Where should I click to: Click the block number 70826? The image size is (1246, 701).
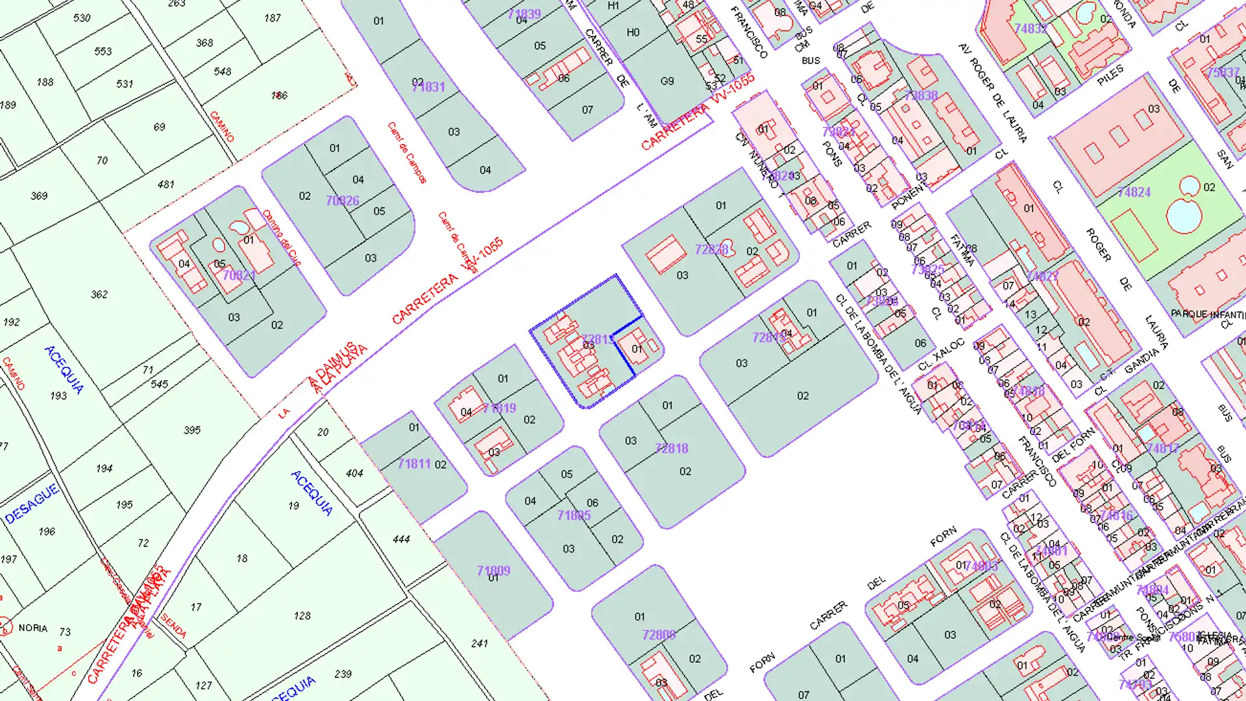pos(342,201)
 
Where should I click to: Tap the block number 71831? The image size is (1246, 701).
pos(429,87)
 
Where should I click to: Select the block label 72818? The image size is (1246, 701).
pos(672,449)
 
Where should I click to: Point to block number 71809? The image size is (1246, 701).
pos(493,571)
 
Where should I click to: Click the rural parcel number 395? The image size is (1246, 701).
pos(192,430)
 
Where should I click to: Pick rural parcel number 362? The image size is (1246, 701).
pos(99,295)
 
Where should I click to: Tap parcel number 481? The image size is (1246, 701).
pos(166,185)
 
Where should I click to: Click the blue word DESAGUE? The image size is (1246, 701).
pos(32,504)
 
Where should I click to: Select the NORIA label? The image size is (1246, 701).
pos(33,628)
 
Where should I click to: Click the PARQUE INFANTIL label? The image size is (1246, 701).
pos(1208,314)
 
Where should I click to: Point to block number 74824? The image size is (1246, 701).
pos(1134,193)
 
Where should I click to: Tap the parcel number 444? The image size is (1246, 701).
pos(401,539)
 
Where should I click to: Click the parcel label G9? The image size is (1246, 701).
pos(667,82)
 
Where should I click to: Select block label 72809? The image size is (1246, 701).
pos(659,635)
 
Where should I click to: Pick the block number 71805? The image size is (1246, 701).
pos(574,515)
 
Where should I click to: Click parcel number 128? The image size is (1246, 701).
pos(302,616)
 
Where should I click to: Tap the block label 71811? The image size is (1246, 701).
pos(414,464)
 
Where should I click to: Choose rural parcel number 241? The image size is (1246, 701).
pos(480,644)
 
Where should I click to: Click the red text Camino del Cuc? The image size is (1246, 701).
pos(282,238)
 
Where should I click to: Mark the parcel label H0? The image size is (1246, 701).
pos(633,32)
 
